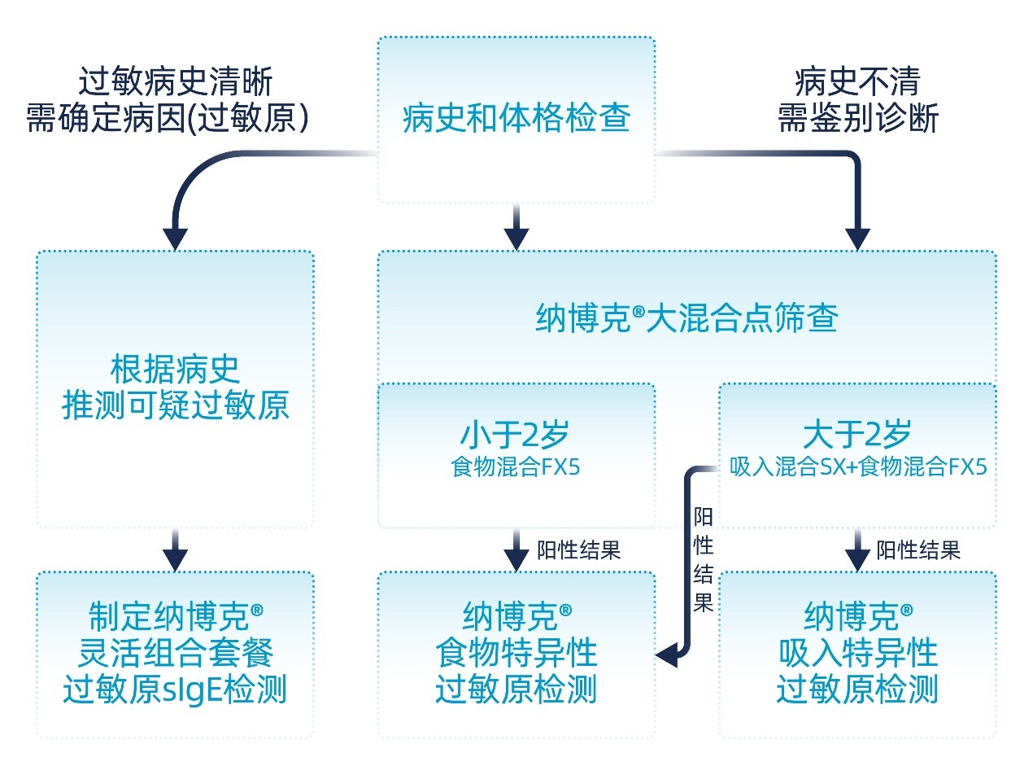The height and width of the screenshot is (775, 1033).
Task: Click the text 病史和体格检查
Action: point(516,120)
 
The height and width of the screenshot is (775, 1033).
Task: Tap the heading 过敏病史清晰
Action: point(176,82)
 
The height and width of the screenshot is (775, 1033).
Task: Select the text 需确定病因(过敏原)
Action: point(168,119)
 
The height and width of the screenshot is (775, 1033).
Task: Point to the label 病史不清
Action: point(857,82)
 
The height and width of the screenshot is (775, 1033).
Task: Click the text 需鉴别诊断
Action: point(857,119)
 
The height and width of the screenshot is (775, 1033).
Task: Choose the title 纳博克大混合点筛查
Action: point(686,317)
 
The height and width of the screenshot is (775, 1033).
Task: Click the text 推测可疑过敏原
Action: point(176,405)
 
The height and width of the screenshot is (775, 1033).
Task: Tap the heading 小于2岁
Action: point(516,435)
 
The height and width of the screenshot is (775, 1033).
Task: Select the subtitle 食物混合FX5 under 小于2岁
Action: point(516,468)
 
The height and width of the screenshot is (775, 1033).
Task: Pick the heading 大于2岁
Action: point(857,435)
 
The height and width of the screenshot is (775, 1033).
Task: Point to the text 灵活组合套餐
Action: point(176,653)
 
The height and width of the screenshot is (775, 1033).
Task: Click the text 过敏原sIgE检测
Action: point(176,690)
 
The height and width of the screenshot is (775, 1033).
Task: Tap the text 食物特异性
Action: point(516,653)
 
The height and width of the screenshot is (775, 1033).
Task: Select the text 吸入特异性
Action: point(857,653)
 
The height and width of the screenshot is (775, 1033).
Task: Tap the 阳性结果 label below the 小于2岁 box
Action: point(579,550)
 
